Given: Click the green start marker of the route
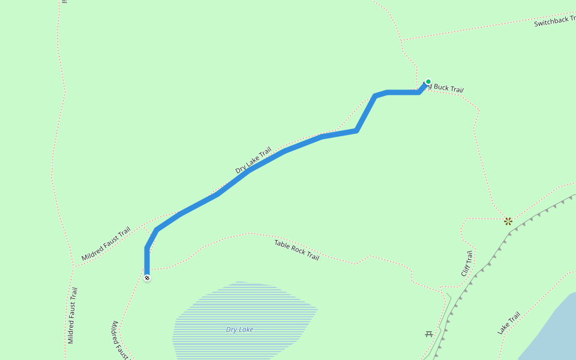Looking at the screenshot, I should [428, 82].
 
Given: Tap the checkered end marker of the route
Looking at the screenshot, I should [147, 277].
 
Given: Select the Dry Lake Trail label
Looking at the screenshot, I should [253, 160].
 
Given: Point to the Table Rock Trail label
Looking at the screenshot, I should [296, 250].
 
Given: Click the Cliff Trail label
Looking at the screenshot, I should [467, 263].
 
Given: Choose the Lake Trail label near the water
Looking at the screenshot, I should [509, 323].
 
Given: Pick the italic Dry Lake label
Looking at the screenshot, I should [239, 329].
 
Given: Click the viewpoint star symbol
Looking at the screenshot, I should [508, 221].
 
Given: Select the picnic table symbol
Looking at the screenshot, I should [429, 334].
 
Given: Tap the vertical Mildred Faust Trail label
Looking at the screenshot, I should [72, 315].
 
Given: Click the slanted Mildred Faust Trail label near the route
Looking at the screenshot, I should [106, 244].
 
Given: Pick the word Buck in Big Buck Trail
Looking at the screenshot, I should [441, 88].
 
